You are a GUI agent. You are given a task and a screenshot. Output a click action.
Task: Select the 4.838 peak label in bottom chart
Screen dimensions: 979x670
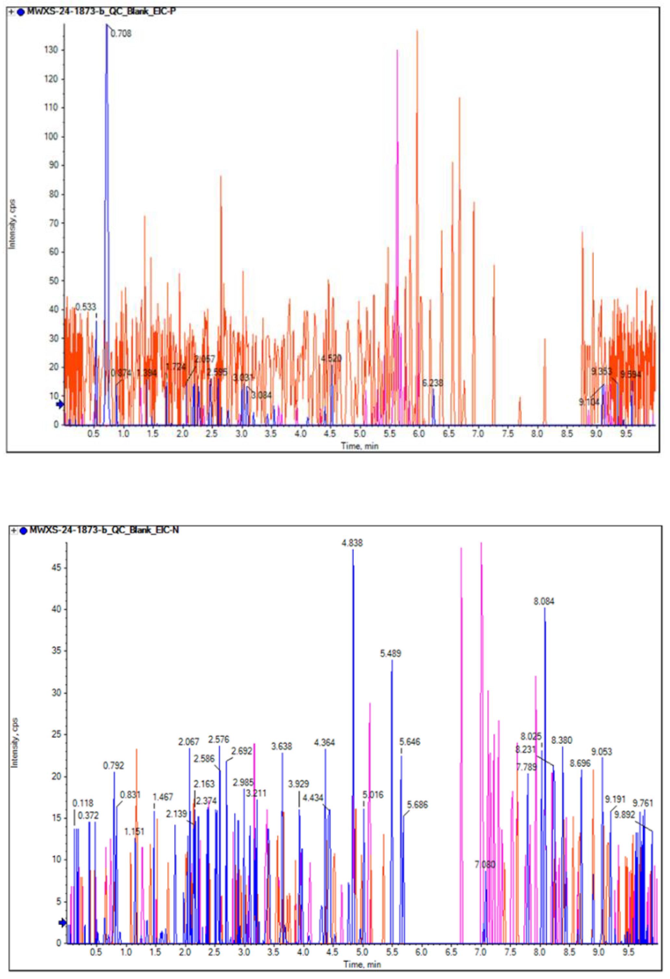click(x=352, y=543)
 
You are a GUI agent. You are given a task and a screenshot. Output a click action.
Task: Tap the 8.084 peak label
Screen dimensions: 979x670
click(x=544, y=601)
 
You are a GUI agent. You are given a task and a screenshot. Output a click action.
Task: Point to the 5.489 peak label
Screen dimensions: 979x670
click(x=391, y=653)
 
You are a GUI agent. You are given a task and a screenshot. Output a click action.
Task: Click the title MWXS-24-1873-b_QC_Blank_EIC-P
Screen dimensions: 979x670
click(x=101, y=12)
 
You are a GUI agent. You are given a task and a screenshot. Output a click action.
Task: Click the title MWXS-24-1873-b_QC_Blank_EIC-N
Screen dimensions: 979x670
click(x=104, y=530)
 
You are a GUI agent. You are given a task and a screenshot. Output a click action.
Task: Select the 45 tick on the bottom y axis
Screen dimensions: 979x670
click(x=54, y=567)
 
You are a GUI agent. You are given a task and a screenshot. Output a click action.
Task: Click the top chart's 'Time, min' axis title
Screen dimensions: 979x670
click(x=360, y=446)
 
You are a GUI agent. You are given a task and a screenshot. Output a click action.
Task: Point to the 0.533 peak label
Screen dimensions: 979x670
click(x=86, y=307)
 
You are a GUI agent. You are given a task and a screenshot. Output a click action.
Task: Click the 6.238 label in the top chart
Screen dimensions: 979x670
click(x=433, y=383)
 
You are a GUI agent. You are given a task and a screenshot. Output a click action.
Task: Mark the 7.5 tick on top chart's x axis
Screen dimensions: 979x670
click(x=508, y=434)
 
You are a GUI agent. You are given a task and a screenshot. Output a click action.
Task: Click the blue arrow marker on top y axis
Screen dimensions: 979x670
click(x=60, y=404)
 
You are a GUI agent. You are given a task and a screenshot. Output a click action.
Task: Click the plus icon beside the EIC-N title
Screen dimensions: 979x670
click(x=14, y=530)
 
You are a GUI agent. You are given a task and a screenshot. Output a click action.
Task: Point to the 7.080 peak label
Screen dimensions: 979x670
click(x=485, y=864)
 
